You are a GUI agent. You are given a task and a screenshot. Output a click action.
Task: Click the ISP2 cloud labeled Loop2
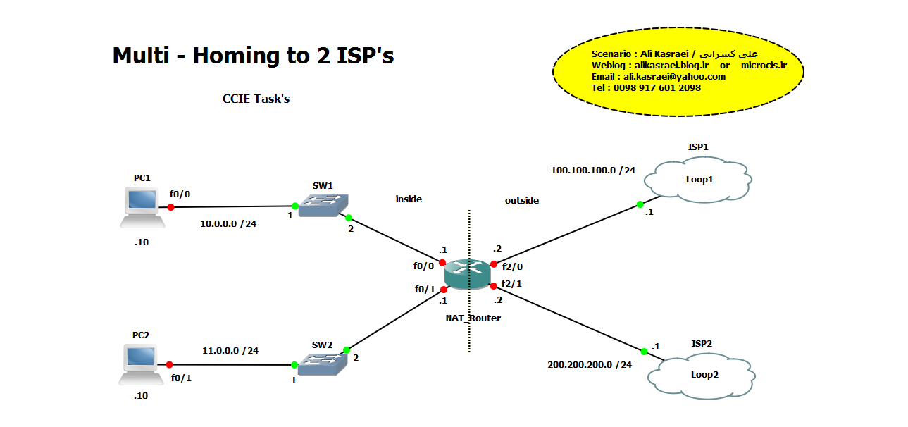[x=704, y=374]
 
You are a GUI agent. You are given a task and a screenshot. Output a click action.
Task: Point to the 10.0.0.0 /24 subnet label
[x=228, y=225]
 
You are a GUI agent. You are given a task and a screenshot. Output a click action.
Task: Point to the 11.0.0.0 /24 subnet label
[x=230, y=350]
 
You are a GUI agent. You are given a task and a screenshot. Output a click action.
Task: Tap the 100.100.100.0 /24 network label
[x=592, y=170]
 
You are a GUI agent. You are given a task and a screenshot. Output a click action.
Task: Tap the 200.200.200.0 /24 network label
[x=590, y=364]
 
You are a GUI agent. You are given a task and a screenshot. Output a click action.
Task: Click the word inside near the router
[x=409, y=199]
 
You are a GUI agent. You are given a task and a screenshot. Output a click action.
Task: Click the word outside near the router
[x=521, y=200]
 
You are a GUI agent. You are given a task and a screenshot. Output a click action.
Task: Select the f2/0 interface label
[x=512, y=266]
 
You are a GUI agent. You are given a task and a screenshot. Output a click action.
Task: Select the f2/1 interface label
[x=512, y=283]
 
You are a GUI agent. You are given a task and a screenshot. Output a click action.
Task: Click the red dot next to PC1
[x=170, y=207]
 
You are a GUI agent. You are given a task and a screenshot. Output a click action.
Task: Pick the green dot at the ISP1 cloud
[x=640, y=204]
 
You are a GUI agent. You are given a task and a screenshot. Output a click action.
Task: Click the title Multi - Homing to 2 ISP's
[x=253, y=56]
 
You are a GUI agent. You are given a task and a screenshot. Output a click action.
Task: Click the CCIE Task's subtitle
[x=256, y=99]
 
